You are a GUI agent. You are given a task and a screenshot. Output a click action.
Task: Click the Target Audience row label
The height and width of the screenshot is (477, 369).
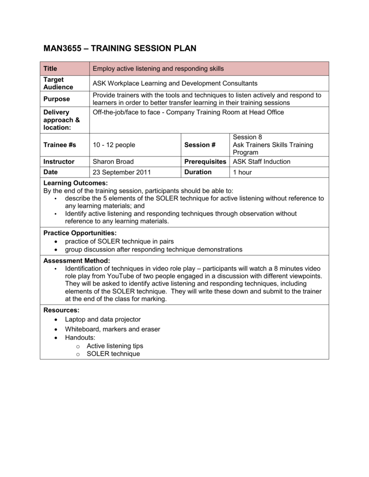point(58,83)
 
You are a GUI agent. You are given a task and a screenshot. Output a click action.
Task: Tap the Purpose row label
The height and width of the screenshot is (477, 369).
point(56,99)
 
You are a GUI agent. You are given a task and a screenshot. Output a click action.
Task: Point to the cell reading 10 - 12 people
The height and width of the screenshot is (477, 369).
point(114,145)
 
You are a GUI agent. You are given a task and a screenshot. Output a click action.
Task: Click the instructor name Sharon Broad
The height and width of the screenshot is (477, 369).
point(113,162)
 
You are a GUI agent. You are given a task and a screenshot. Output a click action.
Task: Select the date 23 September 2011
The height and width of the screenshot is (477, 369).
point(121,172)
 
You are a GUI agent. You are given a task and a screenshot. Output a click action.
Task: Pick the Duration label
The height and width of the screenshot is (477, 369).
point(198,172)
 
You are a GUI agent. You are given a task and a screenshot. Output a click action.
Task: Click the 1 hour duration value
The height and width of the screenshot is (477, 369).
point(242,172)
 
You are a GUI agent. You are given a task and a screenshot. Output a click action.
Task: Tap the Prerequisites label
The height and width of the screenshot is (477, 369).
point(205,162)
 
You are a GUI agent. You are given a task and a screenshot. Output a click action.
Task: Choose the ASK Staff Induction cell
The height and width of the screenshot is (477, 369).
point(261,162)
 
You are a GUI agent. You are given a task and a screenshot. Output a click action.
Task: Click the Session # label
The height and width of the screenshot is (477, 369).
point(200,145)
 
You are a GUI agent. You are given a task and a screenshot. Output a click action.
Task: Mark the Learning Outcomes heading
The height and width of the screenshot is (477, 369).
point(75,183)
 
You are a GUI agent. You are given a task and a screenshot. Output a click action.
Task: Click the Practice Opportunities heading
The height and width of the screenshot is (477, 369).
point(80,232)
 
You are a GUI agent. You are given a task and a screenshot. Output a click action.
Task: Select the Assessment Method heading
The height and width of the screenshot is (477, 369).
point(77,260)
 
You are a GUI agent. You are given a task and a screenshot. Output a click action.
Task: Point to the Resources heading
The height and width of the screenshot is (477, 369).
point(61,310)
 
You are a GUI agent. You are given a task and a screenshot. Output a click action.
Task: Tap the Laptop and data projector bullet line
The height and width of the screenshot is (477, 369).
point(103,320)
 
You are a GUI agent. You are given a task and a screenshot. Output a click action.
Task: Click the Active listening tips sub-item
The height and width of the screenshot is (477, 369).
point(115,346)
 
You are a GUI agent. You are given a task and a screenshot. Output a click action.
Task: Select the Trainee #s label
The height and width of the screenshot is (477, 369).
point(60,145)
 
